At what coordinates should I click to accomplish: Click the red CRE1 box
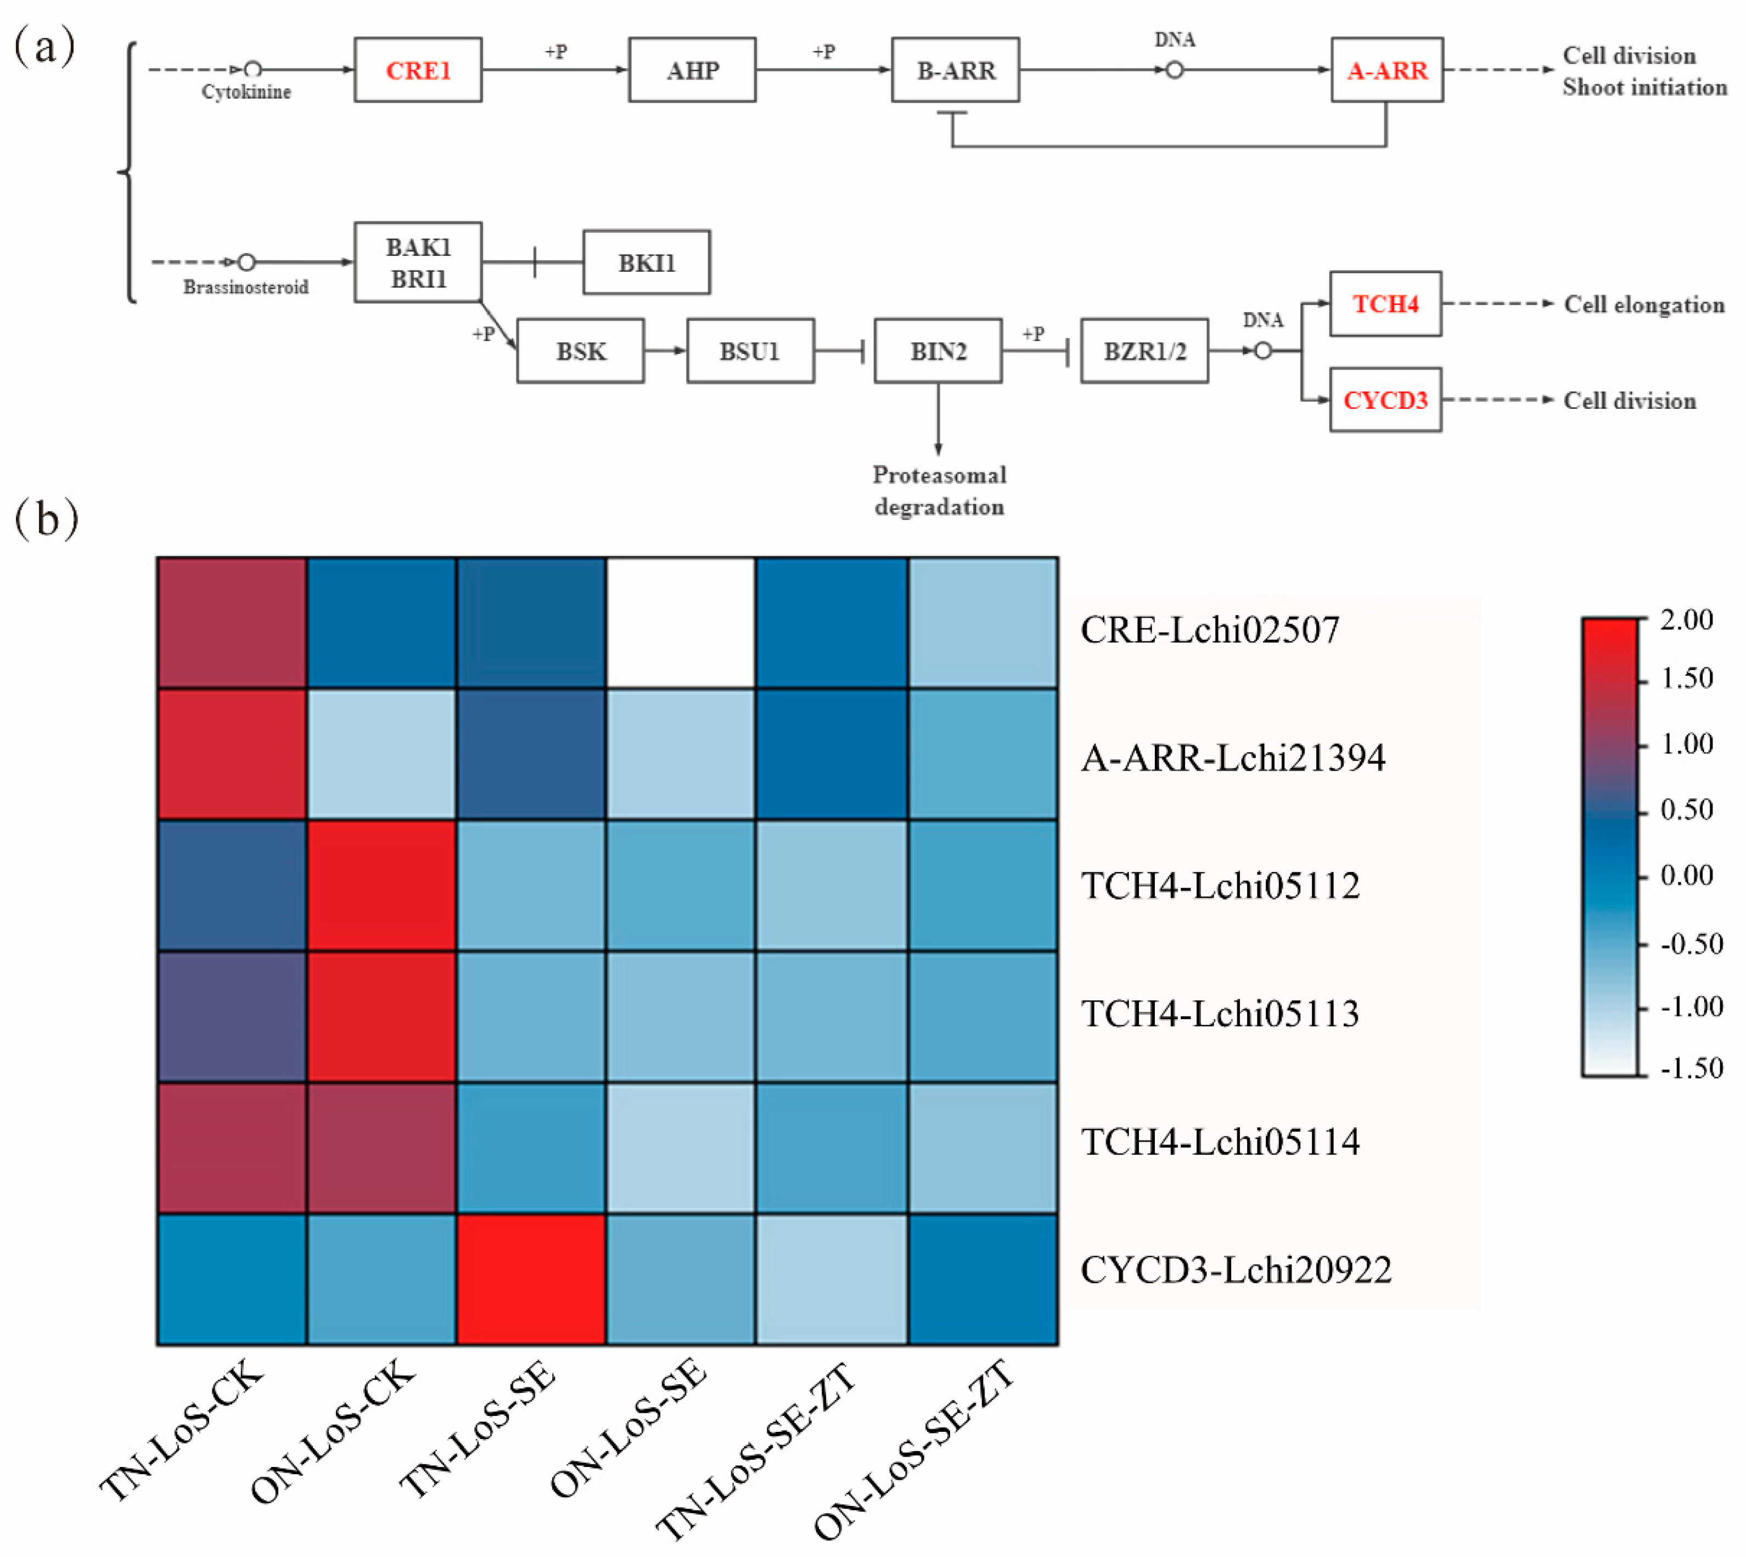418,70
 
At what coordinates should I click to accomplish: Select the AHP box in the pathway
692,70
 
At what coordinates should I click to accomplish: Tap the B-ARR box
956,70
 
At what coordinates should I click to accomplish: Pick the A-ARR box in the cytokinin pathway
1386,70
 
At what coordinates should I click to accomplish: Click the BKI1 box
647,263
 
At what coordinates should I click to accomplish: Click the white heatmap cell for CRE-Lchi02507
681,623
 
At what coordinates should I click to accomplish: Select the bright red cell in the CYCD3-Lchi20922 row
531,1279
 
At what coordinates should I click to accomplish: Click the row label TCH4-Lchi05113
1220,1014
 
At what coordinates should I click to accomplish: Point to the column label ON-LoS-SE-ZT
914,1449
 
